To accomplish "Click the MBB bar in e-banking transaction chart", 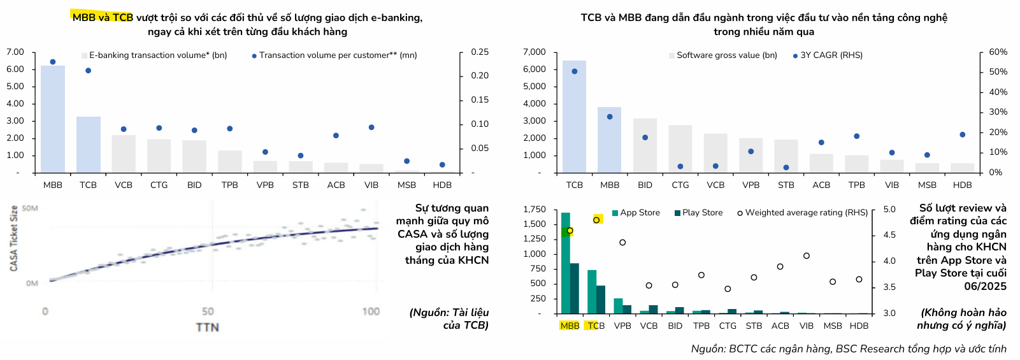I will (x=53, y=119).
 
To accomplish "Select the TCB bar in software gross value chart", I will (x=574, y=117).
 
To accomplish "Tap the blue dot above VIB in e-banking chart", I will (x=371, y=127).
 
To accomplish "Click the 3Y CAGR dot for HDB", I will (x=962, y=134).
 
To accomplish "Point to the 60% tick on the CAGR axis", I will (x=998, y=52).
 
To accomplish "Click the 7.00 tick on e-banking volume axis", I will (x=15, y=52).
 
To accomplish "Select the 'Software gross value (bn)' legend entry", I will (x=726, y=55).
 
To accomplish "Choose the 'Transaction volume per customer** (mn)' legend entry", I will (x=338, y=55).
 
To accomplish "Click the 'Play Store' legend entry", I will (x=702, y=213).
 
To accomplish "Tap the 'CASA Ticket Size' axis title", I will (x=14, y=238).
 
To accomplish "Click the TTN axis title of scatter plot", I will (x=207, y=327).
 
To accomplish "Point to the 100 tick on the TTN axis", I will (x=371, y=312).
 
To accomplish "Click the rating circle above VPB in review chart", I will (x=622, y=242).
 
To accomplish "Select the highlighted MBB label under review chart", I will (x=570, y=326).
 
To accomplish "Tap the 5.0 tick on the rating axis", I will (x=889, y=209).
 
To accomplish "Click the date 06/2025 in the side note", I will (x=985, y=286).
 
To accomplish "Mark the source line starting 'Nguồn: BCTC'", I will (x=848, y=349).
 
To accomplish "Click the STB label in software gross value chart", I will (x=786, y=185).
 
